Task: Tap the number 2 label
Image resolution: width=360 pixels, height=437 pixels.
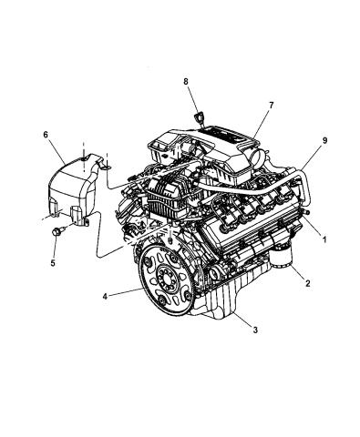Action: (x=308, y=284)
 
